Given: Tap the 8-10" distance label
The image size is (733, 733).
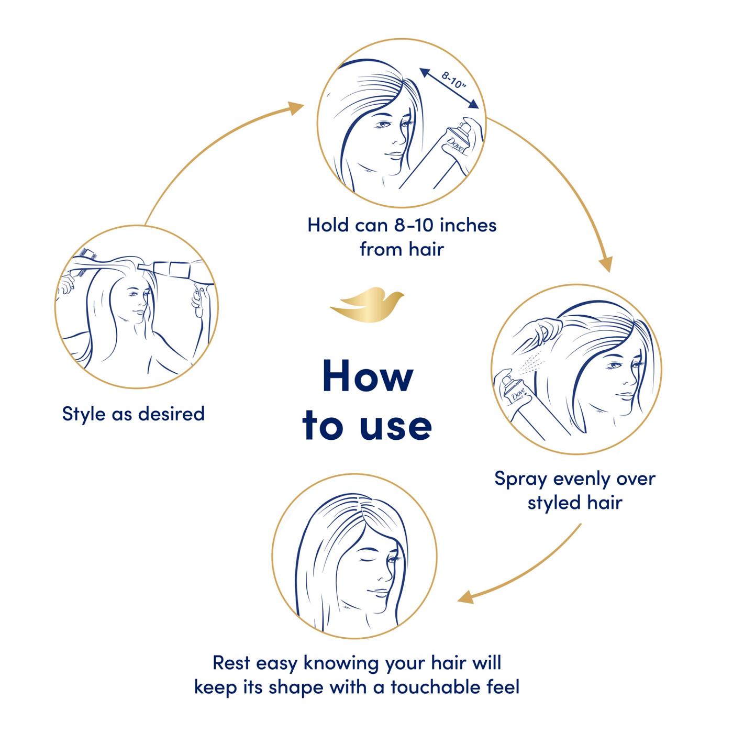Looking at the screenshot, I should [x=454, y=82].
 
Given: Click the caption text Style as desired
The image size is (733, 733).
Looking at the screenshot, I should [x=133, y=414].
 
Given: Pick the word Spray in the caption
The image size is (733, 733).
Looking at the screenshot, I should [x=521, y=479].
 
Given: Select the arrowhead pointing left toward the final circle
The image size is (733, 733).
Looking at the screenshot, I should [x=467, y=598].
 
